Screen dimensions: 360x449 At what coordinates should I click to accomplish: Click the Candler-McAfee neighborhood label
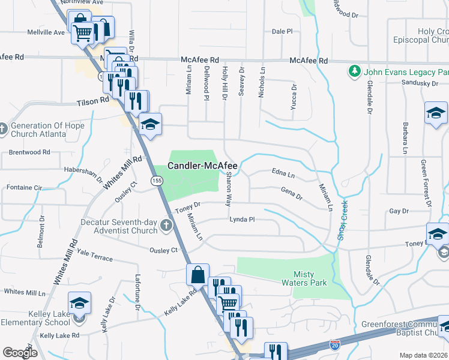point(202,166)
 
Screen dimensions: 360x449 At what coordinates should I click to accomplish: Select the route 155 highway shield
point(156,181)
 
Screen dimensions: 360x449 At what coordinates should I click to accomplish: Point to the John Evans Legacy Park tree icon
point(354,71)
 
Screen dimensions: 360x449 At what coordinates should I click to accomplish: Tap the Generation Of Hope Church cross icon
point(2,128)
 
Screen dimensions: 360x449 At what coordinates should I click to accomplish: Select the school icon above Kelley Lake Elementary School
point(79,304)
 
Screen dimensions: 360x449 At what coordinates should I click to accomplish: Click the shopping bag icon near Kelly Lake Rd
point(197,275)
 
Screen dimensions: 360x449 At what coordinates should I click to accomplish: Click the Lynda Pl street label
point(242,220)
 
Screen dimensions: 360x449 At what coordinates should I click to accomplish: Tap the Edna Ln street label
point(283,175)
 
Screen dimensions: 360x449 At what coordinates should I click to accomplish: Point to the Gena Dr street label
point(292,193)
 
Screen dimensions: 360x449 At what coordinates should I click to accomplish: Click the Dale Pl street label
point(282,31)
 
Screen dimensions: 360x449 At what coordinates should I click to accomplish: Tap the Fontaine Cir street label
point(25,188)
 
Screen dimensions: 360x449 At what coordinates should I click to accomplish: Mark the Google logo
point(20,352)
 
